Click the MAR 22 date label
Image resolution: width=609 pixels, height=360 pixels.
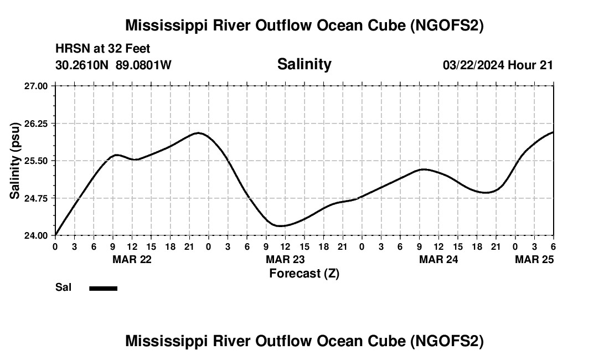point(132,259)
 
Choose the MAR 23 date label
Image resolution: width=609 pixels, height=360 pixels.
point(285,259)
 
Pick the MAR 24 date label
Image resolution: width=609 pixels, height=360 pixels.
point(438,259)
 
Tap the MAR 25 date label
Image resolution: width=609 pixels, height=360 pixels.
point(534,259)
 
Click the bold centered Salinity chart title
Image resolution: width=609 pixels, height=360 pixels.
point(304,64)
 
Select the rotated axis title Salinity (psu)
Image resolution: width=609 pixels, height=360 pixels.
point(16,160)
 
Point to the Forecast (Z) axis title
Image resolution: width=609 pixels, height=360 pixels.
point(304,273)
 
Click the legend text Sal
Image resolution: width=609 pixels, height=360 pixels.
point(63,287)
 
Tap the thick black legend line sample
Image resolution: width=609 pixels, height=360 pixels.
point(104,288)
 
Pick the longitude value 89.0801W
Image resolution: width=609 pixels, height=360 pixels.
point(143,65)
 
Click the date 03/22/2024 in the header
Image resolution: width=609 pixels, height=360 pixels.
point(473,65)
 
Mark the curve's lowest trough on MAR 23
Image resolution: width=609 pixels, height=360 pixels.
point(280,226)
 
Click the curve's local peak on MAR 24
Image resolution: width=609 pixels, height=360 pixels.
point(423,169)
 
